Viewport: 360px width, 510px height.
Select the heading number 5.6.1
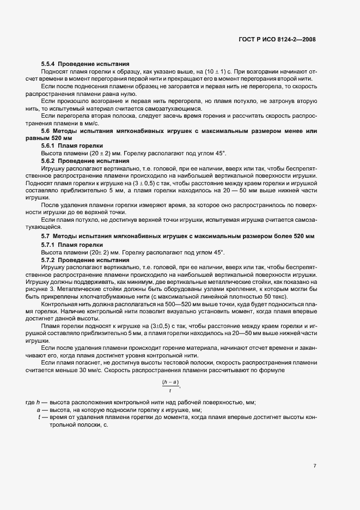(x=50, y=147)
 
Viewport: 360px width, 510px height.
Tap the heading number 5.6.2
(x=50, y=161)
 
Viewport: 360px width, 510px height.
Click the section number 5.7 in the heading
(x=46, y=236)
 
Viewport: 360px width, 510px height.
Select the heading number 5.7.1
(x=50, y=245)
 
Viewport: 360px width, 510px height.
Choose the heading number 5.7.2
(x=50, y=260)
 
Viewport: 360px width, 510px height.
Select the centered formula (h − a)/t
(x=171, y=385)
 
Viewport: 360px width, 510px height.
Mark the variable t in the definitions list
(x=39, y=417)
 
